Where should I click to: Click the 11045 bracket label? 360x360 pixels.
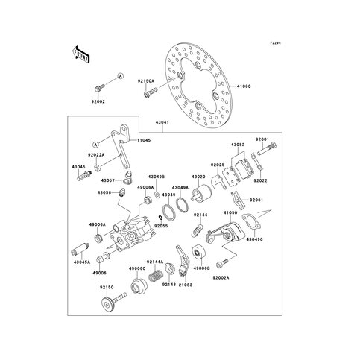point(143,139)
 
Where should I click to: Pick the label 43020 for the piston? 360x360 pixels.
point(198,177)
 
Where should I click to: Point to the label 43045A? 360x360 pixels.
point(82,262)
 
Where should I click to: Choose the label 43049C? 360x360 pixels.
point(256,239)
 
